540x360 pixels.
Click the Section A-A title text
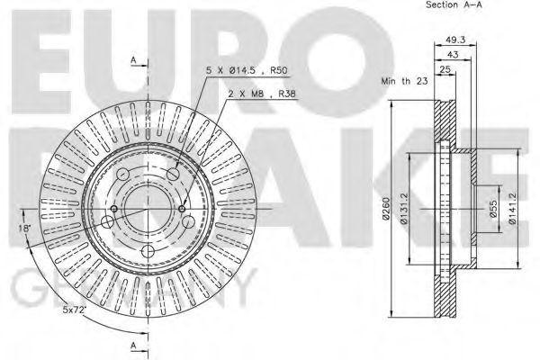click(454, 4)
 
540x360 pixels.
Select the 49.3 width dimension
click(455, 40)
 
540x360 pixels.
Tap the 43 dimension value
click(453, 54)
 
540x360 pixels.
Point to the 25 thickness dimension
click(445, 69)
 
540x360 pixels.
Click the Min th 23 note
click(404, 81)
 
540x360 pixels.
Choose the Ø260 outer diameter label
click(385, 209)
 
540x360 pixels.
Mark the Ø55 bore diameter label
click(493, 209)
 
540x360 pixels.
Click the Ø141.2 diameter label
click(512, 209)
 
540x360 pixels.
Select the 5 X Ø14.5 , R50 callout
click(247, 70)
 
